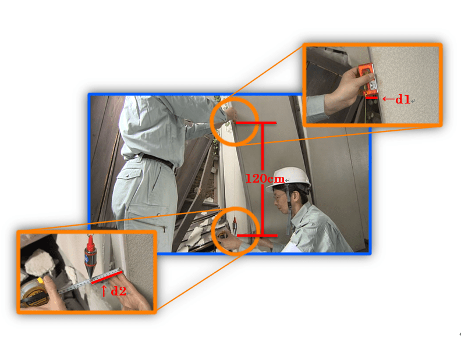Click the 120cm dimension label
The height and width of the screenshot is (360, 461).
tap(265, 179)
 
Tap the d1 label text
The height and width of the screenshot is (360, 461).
tap(403, 99)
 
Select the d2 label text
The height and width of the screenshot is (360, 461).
tap(119, 291)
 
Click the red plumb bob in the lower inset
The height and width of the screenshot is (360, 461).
tap(90, 256)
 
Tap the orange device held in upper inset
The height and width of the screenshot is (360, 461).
tap(366, 79)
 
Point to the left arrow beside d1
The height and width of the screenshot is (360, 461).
tap(388, 99)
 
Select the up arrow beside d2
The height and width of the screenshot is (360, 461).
tap(104, 290)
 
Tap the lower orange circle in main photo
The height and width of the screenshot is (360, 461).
tap(212, 231)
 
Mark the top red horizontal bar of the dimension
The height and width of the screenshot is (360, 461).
tap(256, 123)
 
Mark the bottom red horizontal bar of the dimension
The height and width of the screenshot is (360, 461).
tap(257, 236)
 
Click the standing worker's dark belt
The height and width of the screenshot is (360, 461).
tap(159, 161)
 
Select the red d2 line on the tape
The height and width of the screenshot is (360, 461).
tap(107, 278)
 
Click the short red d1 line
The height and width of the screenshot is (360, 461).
tap(371, 97)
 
